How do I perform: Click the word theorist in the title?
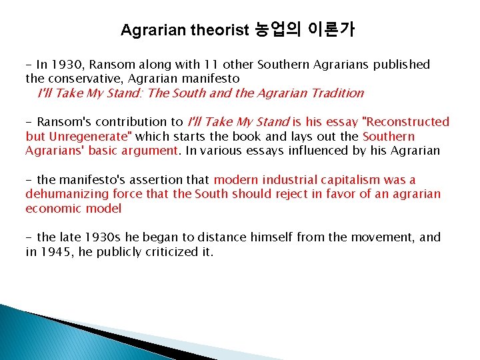219,30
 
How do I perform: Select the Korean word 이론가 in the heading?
331,30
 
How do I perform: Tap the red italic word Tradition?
331,93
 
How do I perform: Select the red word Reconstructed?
408,122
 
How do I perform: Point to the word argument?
152,151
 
